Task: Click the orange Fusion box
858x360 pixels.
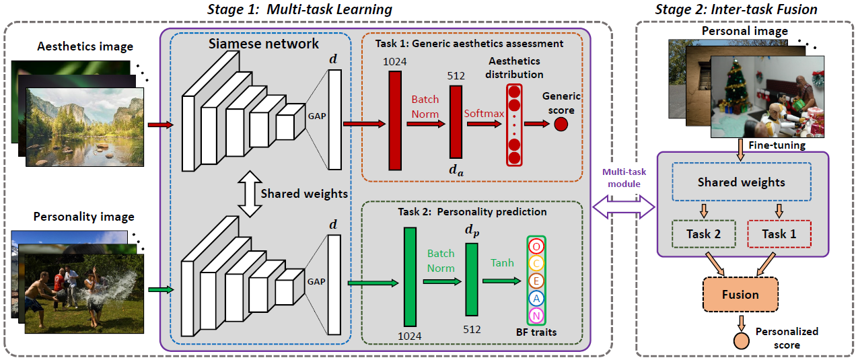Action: [740, 295]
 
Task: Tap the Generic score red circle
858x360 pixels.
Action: [561, 124]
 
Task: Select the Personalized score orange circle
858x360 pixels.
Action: [740, 340]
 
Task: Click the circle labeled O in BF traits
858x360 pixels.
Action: [536, 246]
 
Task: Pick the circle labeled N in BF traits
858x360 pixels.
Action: [536, 316]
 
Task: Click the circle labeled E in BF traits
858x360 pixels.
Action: [536, 281]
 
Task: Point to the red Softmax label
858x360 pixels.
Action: [483, 113]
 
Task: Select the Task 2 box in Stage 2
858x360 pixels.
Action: [699, 234]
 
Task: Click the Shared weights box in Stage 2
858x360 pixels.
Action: [741, 182]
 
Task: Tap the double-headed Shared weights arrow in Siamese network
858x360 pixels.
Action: [250, 194]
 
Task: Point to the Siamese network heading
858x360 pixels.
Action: [263, 44]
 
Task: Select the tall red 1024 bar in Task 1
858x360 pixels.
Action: [395, 120]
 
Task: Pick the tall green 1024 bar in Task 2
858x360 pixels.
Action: [410, 277]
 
